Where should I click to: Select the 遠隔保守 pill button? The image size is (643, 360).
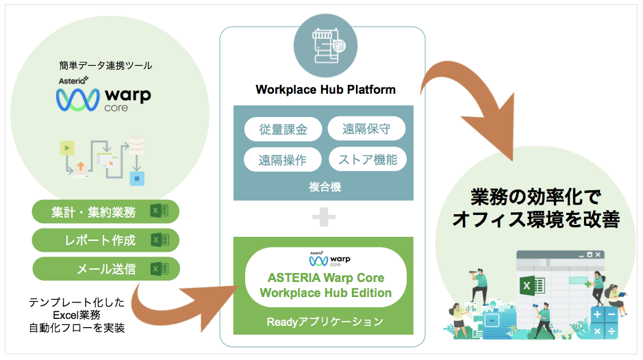pos(367,129)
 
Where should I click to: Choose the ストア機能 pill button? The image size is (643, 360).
pos(367,160)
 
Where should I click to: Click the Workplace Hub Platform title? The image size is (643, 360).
pos(325,90)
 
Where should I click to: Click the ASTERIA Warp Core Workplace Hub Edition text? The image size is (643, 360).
pos(326,286)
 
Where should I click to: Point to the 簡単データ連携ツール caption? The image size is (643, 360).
pos(105,66)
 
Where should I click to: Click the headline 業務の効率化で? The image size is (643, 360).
pos(535,197)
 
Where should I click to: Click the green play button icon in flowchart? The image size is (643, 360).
pos(67,147)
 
